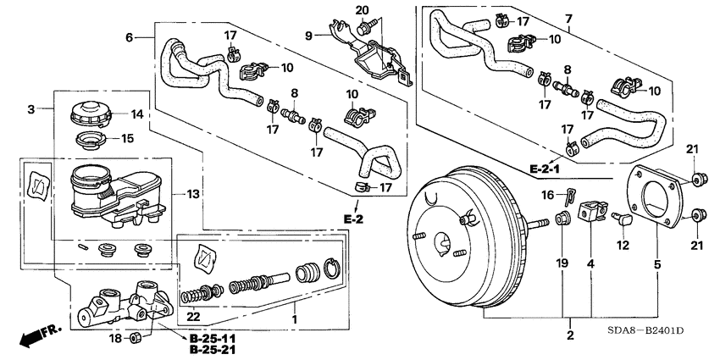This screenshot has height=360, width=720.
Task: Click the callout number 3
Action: [x=30, y=108]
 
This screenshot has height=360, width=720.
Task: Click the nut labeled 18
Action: [x=133, y=340]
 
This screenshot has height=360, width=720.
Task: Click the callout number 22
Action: [x=193, y=317]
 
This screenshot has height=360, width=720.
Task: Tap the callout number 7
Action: [x=569, y=19]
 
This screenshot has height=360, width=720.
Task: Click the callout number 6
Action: [x=130, y=37]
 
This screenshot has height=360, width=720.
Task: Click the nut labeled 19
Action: [x=561, y=222]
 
